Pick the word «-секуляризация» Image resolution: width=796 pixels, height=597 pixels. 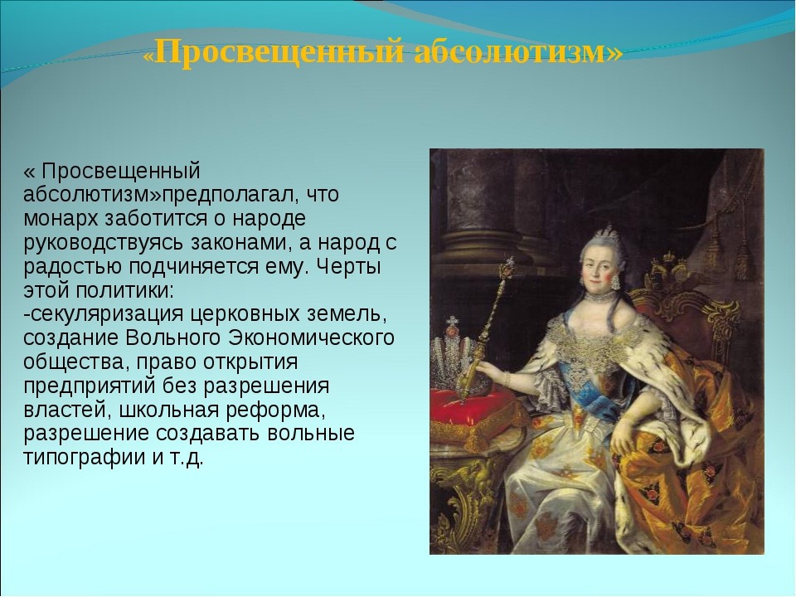[x=103, y=314]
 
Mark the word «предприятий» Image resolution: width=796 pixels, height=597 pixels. [x=90, y=386]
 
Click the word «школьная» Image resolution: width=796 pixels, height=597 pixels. [x=169, y=410]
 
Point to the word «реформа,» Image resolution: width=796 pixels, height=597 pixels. [x=276, y=410]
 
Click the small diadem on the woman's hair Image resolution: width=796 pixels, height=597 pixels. [x=607, y=235]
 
